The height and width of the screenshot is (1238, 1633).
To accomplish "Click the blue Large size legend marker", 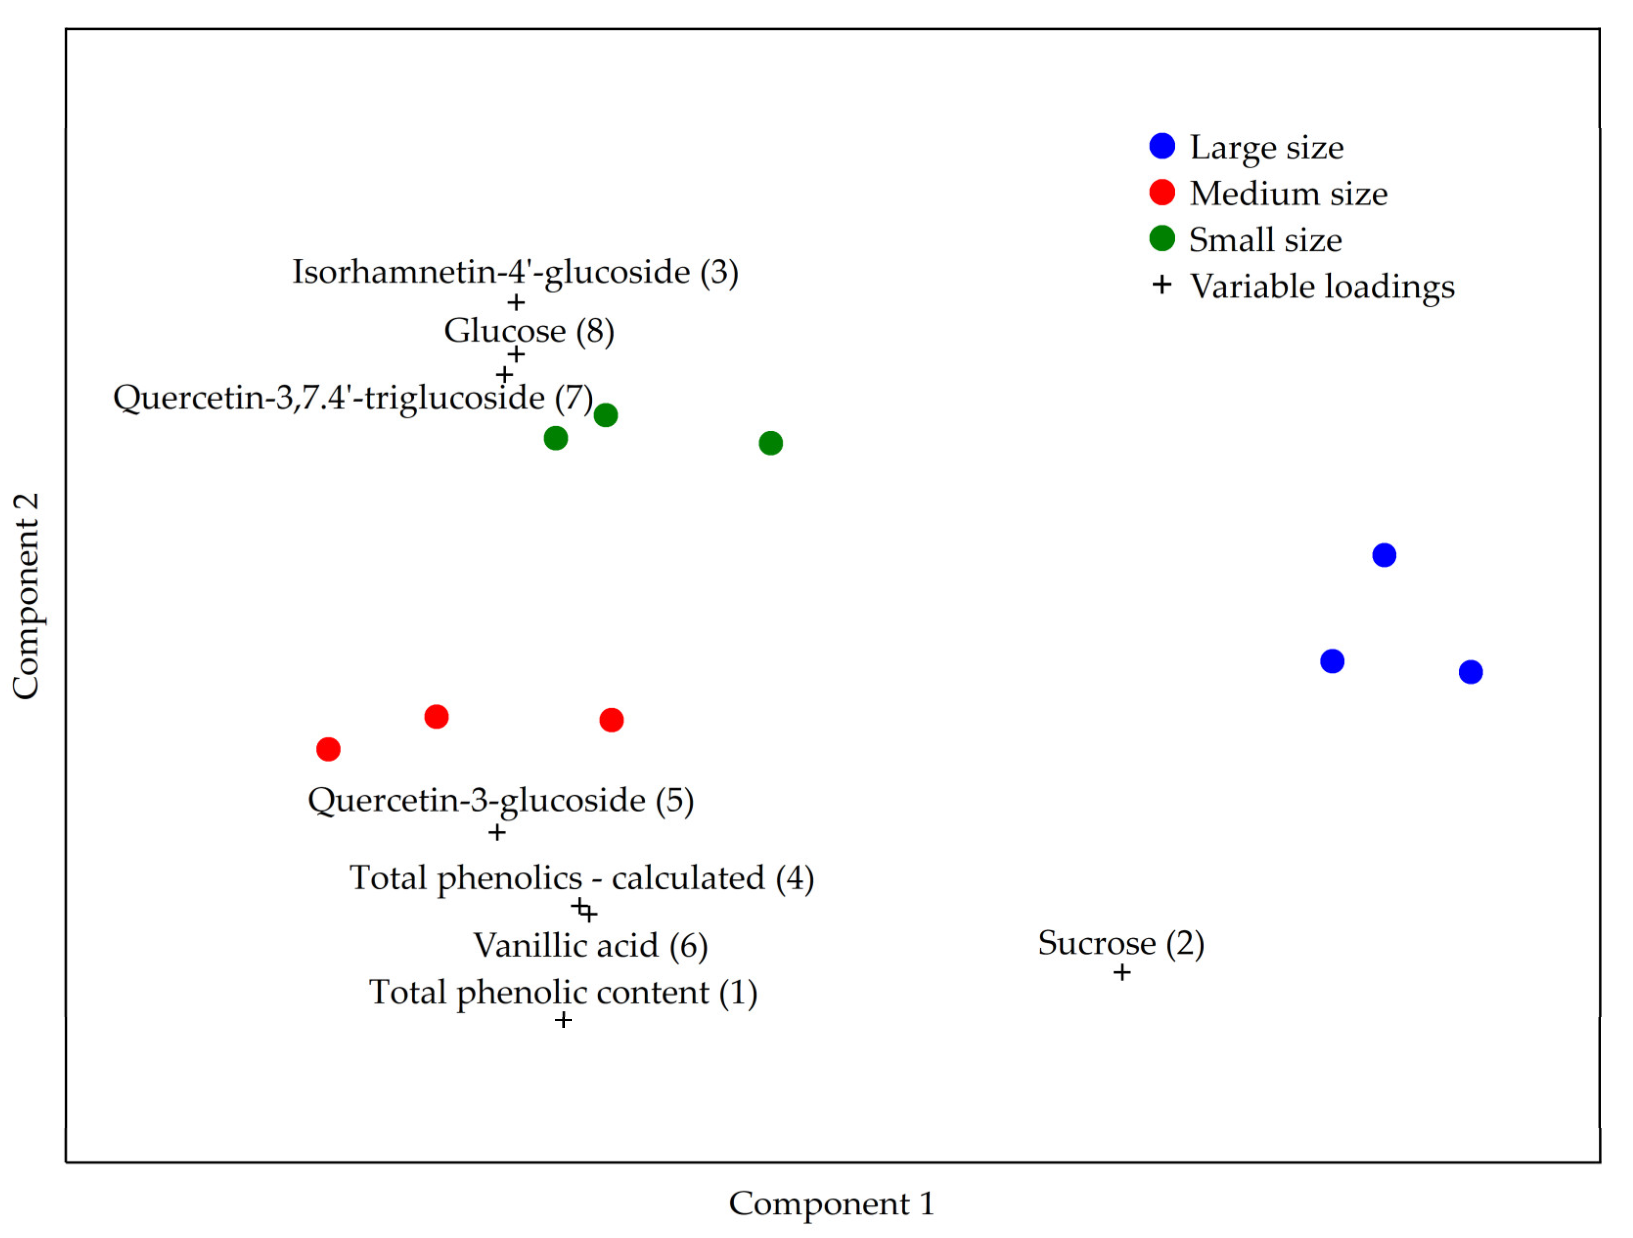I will pyautogui.click(x=1162, y=146).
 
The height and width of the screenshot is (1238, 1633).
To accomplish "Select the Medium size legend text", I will pyautogui.click(x=1288, y=194).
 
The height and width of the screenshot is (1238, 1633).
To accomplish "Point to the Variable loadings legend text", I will pyautogui.click(x=1321, y=286).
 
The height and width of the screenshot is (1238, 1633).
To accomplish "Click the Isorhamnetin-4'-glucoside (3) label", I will pyautogui.click(x=515, y=272).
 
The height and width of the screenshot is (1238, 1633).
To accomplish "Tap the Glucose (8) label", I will pyautogui.click(x=529, y=330).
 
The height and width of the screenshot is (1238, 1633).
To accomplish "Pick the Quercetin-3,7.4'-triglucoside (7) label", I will pyautogui.click(x=353, y=397).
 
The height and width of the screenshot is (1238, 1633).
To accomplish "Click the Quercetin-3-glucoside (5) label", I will pyautogui.click(x=500, y=800).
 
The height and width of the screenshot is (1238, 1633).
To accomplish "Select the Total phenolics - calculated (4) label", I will pyautogui.click(x=582, y=877).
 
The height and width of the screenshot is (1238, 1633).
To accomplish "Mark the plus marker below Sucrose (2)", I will pyautogui.click(x=1121, y=972).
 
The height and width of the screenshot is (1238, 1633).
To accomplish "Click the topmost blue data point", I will pyautogui.click(x=1384, y=555).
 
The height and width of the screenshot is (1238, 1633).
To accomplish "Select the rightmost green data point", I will pyautogui.click(x=771, y=443).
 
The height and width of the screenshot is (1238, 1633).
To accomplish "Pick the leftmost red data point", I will pyautogui.click(x=329, y=749).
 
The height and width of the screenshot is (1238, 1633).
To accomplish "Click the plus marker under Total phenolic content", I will pyautogui.click(x=563, y=1020).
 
